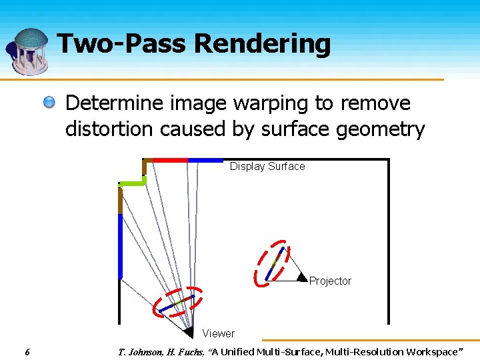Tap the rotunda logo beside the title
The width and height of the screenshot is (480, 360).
tap(28, 51)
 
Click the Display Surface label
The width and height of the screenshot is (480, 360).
tap(267, 167)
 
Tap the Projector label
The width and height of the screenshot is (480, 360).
tap(330, 281)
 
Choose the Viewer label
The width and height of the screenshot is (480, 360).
tap(219, 333)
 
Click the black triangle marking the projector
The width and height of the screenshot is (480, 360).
tap(301, 276)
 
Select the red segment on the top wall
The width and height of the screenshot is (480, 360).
tap(171, 160)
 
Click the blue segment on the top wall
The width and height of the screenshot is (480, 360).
tap(205, 160)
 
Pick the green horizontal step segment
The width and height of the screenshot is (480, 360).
tap(132, 182)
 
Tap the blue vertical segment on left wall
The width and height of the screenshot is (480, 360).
tap(121, 245)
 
